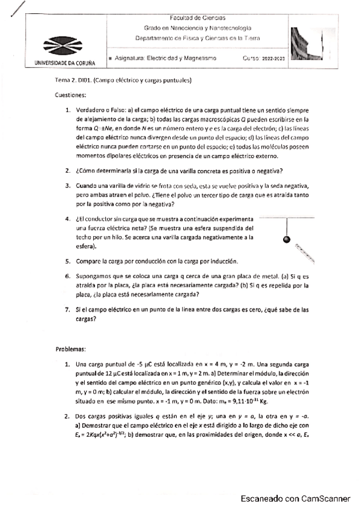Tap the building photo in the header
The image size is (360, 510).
click(x=307, y=44)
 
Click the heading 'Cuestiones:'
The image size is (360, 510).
click(x=71, y=95)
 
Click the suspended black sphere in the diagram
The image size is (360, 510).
click(x=286, y=239)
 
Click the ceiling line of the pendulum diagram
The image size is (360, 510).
click(x=287, y=217)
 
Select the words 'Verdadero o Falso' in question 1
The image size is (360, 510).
click(x=100, y=110)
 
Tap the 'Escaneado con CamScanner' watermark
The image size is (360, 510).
click(x=295, y=499)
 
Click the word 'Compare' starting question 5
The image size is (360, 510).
click(x=87, y=261)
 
